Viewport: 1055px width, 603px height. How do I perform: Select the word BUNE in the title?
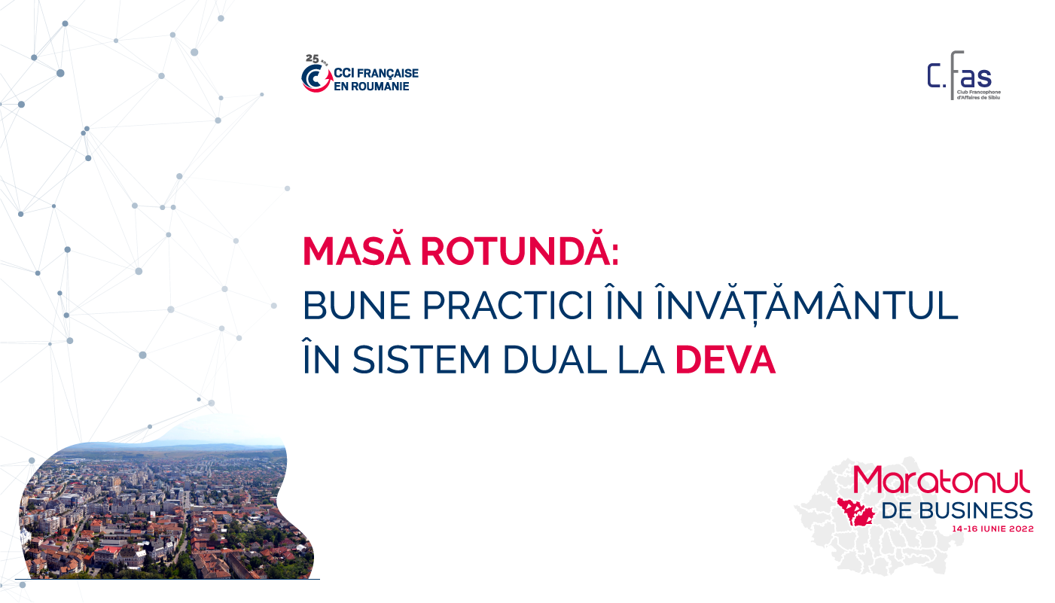pyautogui.click(x=356, y=306)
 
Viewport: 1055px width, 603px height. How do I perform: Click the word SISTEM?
pyautogui.click(x=422, y=360)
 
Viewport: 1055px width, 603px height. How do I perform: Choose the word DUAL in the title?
pyautogui.click(x=555, y=360)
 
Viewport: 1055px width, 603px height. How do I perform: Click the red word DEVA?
pyautogui.click(x=725, y=360)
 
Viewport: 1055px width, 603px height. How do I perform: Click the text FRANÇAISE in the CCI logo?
pyautogui.click(x=388, y=74)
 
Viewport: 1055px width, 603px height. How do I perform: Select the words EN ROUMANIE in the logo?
pyautogui.click(x=371, y=87)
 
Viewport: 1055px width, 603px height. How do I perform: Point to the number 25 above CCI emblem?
pyautogui.click(x=313, y=59)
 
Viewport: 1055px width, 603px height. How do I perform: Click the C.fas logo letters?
pyautogui.click(x=959, y=75)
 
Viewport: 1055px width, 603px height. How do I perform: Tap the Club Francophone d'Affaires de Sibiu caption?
pyautogui.click(x=978, y=95)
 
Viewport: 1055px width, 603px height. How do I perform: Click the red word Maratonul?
pyautogui.click(x=942, y=480)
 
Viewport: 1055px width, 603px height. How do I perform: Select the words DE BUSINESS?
pyautogui.click(x=957, y=511)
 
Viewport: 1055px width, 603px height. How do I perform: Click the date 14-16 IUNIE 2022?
pyautogui.click(x=992, y=529)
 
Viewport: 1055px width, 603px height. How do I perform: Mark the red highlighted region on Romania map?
pyautogui.click(x=855, y=512)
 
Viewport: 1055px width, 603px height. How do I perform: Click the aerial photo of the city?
pyautogui.click(x=165, y=508)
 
